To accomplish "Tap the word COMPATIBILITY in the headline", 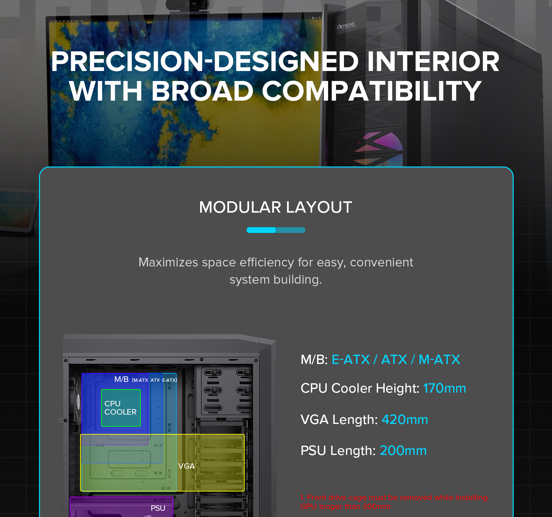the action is coord(372,91).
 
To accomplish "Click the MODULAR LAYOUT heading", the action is coord(276,207).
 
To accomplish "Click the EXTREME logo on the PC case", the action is coord(346,26).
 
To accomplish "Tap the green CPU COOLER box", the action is coord(121,408).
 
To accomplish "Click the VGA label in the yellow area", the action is coord(186,466).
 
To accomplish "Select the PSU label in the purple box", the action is coord(158,508).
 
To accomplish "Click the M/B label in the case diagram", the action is coord(121,379).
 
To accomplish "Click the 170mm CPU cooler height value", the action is coord(444,388).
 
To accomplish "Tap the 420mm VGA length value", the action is coord(405,419).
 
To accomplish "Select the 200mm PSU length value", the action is coord(403,450).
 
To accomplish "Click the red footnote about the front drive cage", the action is coord(394,502).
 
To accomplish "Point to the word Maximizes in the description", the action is coord(168,262).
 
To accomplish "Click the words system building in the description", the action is coord(276,280).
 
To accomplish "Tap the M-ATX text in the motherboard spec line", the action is coord(439,359).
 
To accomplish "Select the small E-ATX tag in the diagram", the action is coord(169,380).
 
